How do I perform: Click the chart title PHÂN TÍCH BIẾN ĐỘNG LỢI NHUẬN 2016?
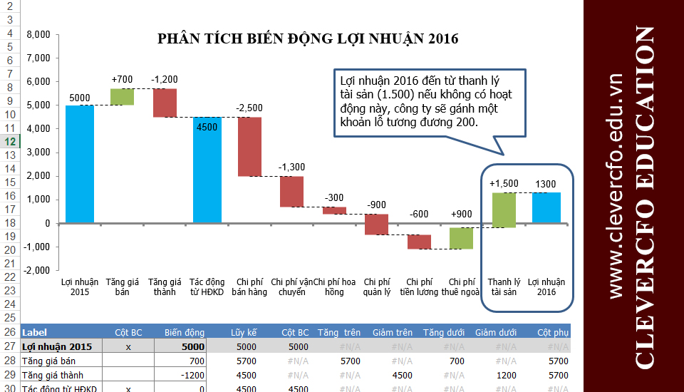[x=308, y=38]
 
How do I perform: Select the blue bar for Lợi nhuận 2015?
[x=80, y=164]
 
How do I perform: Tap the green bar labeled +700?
[x=123, y=97]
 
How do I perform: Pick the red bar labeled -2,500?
[x=249, y=146]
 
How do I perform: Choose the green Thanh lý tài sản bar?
[x=504, y=210]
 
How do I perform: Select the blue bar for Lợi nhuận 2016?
[x=546, y=207]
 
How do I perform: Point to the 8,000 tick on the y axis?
[x=38, y=34]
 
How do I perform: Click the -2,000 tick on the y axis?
[x=36, y=271]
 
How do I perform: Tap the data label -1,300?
[x=291, y=167]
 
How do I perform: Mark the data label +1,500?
[x=504, y=184]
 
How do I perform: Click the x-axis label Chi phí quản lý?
[x=377, y=287]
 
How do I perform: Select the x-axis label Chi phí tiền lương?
[x=418, y=287]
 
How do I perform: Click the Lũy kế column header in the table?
[x=244, y=332]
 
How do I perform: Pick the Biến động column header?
[x=185, y=332]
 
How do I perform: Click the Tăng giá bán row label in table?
[x=48, y=361]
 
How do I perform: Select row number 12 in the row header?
[x=10, y=142]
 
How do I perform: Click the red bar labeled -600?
[x=419, y=242]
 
